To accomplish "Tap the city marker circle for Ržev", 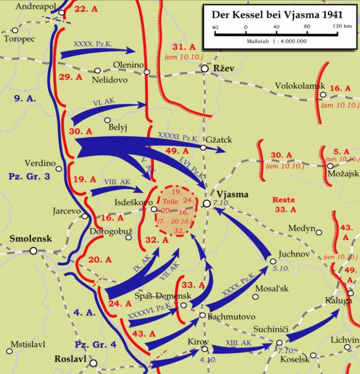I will click(204, 69).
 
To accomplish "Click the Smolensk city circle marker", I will click(33, 251).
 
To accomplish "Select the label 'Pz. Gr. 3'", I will click(27, 176).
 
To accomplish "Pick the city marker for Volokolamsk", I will click(323, 95).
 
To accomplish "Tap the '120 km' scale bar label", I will click(341, 26).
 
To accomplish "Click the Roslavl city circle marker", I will click(94, 363).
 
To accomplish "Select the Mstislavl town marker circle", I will click(9, 351).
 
